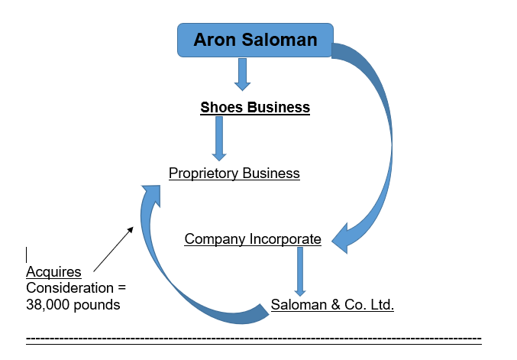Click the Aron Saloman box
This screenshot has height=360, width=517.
[x=255, y=40]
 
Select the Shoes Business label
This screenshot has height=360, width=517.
[x=255, y=107]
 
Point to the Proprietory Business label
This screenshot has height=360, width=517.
[x=234, y=173]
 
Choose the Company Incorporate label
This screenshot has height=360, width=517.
[x=253, y=239]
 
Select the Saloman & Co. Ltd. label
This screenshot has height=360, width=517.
[x=332, y=306]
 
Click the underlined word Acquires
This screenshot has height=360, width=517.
[x=53, y=273]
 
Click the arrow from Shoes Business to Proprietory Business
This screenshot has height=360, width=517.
[x=219, y=138]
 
